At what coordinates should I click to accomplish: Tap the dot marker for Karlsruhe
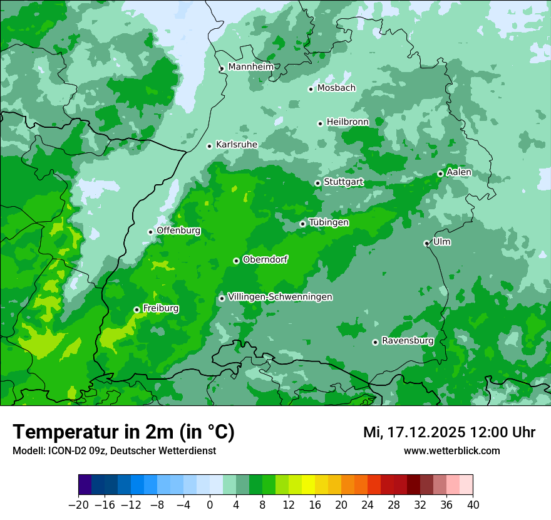coord(210,146)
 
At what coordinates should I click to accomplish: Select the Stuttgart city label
coord(343,182)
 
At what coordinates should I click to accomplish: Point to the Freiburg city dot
coord(136,309)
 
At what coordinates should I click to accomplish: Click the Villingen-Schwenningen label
coord(281,297)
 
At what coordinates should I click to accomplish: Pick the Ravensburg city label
coord(408,341)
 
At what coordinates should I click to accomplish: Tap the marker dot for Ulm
coord(426,243)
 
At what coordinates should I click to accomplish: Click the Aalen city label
coord(459,172)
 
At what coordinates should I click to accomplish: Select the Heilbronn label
coord(348,122)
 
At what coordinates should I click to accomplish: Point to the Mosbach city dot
coord(311,89)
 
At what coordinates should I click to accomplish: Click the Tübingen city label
coord(329,222)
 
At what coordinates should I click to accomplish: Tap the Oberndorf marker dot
coord(236,261)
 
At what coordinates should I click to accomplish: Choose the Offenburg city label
coord(178,231)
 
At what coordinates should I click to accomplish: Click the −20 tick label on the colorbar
coord(78,504)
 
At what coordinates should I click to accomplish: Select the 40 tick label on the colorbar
coord(473,504)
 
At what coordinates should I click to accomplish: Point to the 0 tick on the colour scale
coord(210,504)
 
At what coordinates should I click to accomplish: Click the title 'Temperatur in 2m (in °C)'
coord(123,432)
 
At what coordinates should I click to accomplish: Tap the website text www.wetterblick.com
coord(451,450)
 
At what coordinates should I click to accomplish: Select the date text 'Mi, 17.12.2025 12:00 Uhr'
coord(449,432)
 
